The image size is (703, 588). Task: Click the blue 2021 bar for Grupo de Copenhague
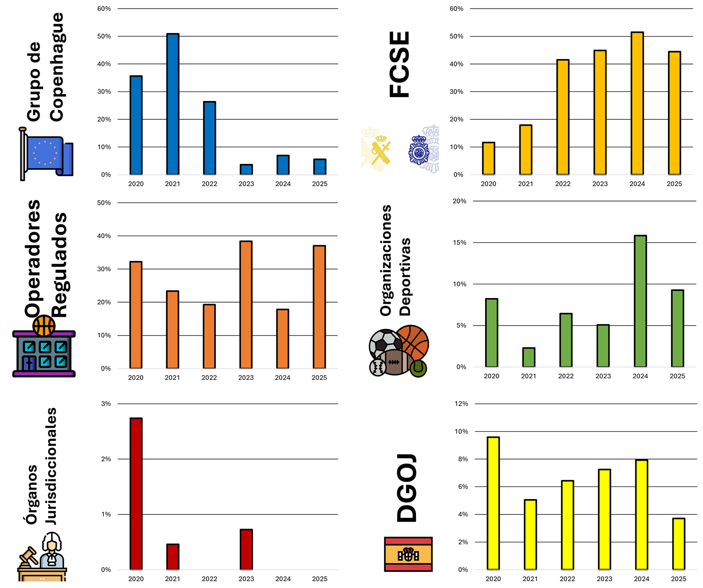click(172, 104)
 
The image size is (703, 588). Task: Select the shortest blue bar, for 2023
click(246, 170)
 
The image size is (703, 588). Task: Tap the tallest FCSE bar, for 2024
click(637, 103)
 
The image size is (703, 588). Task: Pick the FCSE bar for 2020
click(488, 158)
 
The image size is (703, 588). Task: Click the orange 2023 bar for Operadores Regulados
click(246, 305)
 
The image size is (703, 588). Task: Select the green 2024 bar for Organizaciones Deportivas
click(640, 301)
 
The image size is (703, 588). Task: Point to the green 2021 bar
click(529, 357)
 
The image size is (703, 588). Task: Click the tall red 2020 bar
click(136, 494)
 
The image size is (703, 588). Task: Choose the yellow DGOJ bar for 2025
click(679, 544)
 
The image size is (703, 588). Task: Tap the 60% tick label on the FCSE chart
click(456, 9)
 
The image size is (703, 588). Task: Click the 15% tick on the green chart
click(459, 242)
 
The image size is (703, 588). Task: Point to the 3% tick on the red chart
click(106, 404)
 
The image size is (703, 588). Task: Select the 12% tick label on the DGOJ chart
click(461, 404)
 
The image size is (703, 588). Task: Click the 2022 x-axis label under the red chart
click(209, 579)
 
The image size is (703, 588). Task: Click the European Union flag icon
click(46, 154)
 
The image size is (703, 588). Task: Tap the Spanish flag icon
click(408, 554)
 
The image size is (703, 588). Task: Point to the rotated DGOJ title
click(407, 488)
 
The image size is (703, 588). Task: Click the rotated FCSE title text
click(399, 64)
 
